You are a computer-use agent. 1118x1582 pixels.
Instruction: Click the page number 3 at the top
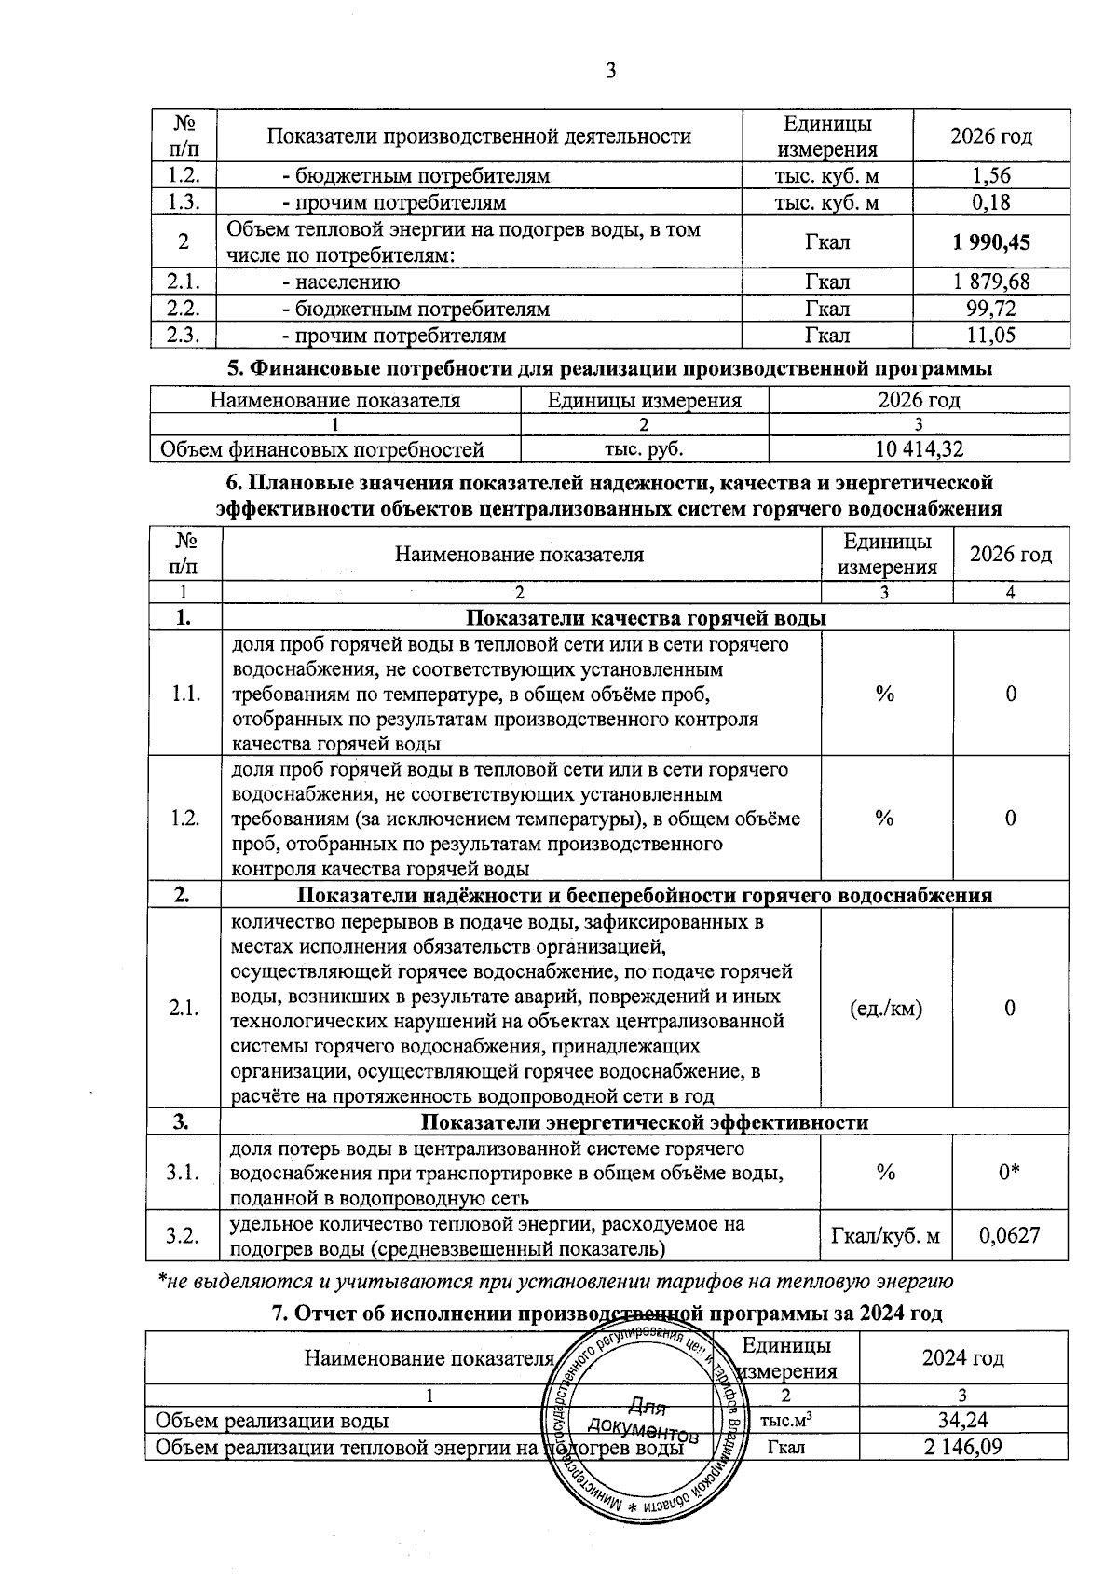[611, 71]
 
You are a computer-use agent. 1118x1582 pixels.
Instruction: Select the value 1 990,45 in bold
[991, 242]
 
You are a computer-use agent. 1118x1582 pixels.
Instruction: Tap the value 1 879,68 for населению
[991, 282]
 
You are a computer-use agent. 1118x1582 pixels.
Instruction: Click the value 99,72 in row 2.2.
[991, 309]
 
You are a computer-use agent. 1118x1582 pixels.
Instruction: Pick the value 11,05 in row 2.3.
[991, 336]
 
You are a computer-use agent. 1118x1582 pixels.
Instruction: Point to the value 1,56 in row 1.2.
[991, 175]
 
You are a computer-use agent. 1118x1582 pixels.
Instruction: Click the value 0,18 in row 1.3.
[991, 202]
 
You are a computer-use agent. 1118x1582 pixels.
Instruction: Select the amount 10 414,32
[919, 449]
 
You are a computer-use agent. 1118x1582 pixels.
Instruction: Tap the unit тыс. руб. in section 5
[645, 449]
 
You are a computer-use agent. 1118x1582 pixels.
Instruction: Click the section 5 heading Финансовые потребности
[609, 368]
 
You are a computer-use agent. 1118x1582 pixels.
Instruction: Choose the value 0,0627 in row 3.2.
[1010, 1236]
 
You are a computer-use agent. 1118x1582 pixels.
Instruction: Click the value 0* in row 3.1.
[1010, 1173]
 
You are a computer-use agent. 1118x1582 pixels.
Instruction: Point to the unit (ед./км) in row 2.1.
[887, 1009]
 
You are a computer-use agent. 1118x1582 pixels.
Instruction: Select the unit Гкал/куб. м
[886, 1236]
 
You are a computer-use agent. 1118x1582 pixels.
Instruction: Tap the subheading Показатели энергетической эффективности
[645, 1122]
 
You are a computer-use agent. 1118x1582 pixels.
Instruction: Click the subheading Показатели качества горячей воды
[645, 618]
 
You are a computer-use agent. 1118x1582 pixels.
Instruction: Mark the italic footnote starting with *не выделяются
[555, 1282]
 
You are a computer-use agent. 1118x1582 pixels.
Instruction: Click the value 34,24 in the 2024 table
[962, 1421]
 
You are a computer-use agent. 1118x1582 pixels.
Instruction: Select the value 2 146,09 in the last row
[962, 1448]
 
